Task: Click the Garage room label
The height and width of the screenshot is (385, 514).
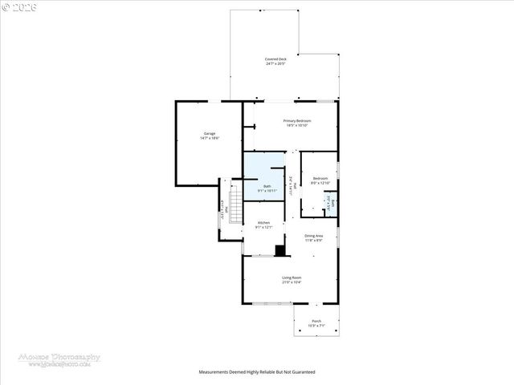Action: pos(209,134)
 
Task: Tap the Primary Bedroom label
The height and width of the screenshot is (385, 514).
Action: pos(297,120)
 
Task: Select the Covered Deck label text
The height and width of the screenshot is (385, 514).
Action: pos(275,59)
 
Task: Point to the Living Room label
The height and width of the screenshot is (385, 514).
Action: pos(291,278)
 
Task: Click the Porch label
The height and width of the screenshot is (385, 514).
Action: pos(316,321)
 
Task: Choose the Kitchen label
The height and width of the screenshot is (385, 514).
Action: pos(263,222)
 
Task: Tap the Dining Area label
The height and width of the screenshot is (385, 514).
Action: pos(313,235)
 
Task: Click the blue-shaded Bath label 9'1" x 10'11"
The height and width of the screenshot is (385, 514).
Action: pos(267,186)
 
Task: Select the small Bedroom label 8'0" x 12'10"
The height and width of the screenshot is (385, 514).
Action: pos(320,178)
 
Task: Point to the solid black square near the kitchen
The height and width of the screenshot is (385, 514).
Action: pos(279,250)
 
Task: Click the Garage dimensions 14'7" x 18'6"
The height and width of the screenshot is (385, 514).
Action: pos(209,139)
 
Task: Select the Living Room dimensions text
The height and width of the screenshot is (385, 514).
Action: pos(291,282)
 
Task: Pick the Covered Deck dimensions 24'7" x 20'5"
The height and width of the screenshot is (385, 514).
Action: pos(275,64)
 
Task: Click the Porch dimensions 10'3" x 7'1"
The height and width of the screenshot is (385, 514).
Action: pos(316,326)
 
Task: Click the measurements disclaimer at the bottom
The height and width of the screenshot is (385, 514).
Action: pos(257,372)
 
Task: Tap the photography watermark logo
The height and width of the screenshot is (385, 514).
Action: pos(60,359)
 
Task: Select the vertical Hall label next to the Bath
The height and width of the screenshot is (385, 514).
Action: pos(295,185)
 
